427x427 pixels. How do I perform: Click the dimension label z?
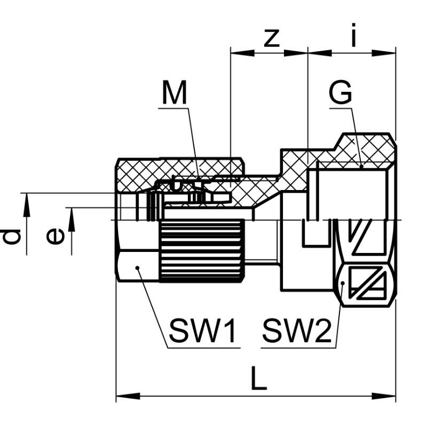tap(272, 37)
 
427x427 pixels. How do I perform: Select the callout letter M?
tap(175, 94)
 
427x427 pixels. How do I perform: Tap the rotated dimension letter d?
tap(11, 235)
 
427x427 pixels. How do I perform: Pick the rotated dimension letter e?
tap(54, 235)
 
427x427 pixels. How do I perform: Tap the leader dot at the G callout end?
tap(361, 167)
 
